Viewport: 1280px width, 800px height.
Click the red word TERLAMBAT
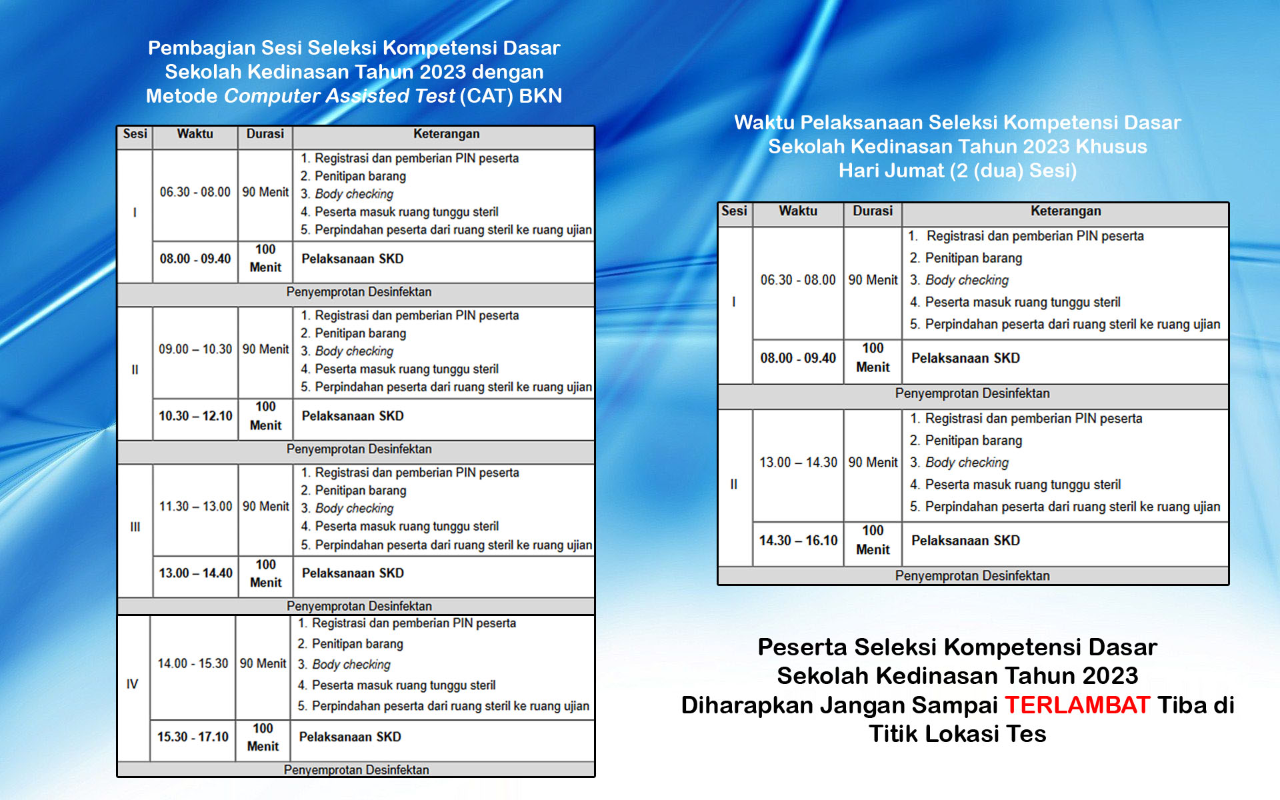pyautogui.click(x=1077, y=705)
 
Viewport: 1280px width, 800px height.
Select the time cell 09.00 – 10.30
pyautogui.click(x=195, y=349)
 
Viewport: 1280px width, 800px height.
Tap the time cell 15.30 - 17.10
pyautogui.click(x=193, y=737)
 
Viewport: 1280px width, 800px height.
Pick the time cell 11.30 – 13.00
pyautogui.click(x=195, y=507)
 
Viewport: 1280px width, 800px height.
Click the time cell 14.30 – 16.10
pyautogui.click(x=798, y=541)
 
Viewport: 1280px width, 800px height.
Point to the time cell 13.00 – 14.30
pyautogui.click(x=798, y=463)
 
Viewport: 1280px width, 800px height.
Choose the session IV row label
pyautogui.click(x=132, y=684)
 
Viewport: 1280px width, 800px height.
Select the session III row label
pyautogui.click(x=135, y=527)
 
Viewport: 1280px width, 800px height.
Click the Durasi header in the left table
pyautogui.click(x=265, y=134)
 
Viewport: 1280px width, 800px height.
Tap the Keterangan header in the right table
pyautogui.click(x=1065, y=211)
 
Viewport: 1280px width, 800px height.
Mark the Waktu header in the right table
pyautogui.click(x=798, y=211)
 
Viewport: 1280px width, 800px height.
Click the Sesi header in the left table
pyautogui.click(x=135, y=134)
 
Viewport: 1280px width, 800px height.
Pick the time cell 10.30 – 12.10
pyautogui.click(x=195, y=416)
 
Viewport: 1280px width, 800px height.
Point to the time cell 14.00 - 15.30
pyautogui.click(x=193, y=664)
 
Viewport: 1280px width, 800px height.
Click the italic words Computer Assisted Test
pyautogui.click(x=339, y=96)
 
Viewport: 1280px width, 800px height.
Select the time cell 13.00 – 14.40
pyautogui.click(x=195, y=573)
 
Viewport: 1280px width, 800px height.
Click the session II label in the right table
pyautogui.click(x=733, y=485)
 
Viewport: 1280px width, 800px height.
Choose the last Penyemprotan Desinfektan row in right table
pyautogui.click(x=972, y=576)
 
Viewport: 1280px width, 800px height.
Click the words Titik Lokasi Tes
pyautogui.click(x=957, y=734)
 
